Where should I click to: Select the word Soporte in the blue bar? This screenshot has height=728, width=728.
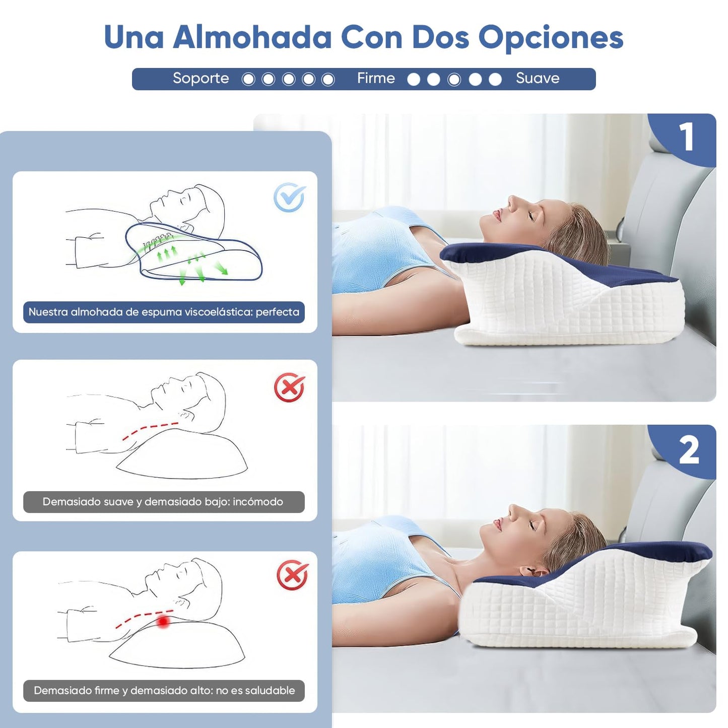[201, 79]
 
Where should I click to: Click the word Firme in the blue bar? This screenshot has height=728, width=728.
[376, 78]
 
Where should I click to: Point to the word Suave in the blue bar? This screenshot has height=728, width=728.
[538, 78]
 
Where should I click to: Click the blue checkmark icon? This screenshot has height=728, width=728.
[289, 197]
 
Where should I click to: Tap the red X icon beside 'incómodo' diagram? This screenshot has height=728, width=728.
[289, 387]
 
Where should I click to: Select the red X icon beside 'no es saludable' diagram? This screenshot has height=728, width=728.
[292, 575]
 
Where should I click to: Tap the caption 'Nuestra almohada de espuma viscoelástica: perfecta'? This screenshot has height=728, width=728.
[164, 312]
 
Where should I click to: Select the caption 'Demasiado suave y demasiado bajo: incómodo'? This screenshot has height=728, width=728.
[164, 502]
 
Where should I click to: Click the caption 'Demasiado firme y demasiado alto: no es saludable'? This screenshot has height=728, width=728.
[164, 691]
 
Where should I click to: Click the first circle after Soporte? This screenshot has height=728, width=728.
[248, 79]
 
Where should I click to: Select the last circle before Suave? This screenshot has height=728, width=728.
[495, 79]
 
